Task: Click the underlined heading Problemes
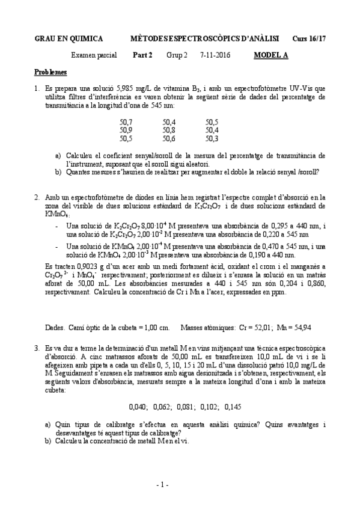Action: coord(50,72)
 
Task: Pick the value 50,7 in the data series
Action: coord(126,121)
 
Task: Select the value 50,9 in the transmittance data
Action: coord(126,130)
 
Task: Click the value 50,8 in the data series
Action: coord(169,130)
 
